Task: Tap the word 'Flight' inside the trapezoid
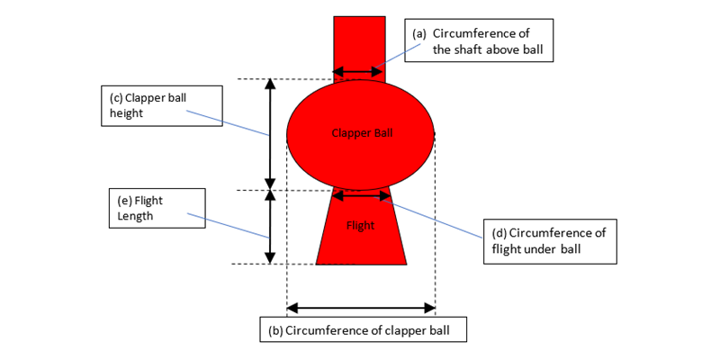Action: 360,226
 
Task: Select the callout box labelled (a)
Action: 478,41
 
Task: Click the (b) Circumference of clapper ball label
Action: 363,330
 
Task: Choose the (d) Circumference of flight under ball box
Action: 549,240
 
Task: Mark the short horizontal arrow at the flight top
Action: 361,194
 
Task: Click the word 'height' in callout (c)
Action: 126,114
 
